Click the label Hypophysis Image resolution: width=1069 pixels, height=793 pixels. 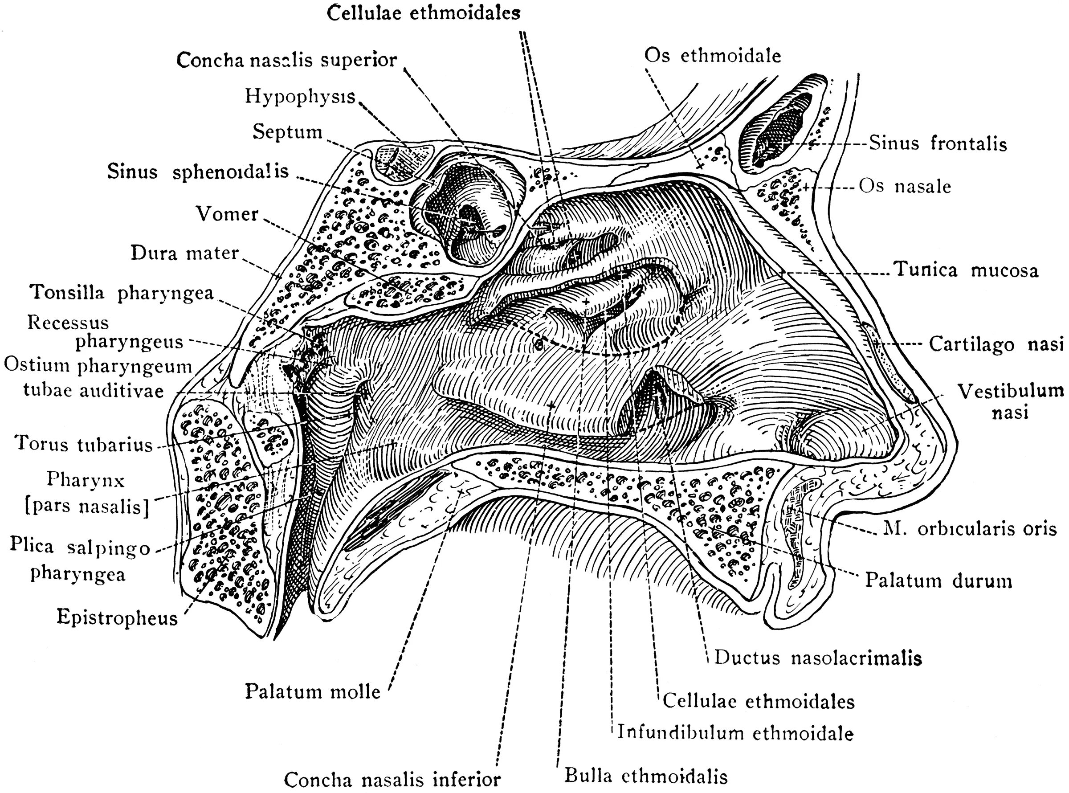tap(300, 97)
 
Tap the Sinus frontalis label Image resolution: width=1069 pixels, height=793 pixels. tap(938, 143)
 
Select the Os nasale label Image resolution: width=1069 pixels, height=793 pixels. tap(905, 186)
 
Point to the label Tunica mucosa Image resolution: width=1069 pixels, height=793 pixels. tap(965, 270)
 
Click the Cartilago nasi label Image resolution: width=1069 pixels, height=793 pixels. tap(996, 344)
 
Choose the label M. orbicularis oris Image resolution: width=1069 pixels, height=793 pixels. tap(969, 529)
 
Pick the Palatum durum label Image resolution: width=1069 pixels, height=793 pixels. tap(938, 581)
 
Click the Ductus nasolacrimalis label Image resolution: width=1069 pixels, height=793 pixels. tap(818, 658)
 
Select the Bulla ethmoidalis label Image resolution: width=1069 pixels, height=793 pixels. tap(646, 776)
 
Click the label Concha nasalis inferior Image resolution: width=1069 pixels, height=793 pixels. tap(392, 779)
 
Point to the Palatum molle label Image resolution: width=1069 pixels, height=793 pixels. tap(312, 692)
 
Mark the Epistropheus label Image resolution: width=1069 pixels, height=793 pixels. tap(117, 617)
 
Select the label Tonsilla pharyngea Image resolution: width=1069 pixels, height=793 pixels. tap(122, 292)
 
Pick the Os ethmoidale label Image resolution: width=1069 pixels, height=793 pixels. tap(712, 56)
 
